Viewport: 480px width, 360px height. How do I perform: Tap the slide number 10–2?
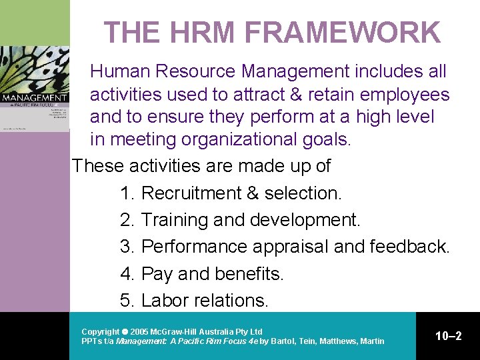pos(448,336)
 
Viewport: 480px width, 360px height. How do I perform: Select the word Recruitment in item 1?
pos(191,193)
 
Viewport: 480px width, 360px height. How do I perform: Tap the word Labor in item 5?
pos(165,301)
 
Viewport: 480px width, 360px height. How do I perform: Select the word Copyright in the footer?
pos(100,331)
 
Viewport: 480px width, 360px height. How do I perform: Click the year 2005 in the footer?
pos(139,331)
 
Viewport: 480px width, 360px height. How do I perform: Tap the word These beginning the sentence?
pos(99,165)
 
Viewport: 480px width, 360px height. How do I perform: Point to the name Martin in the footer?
pos(371,341)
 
